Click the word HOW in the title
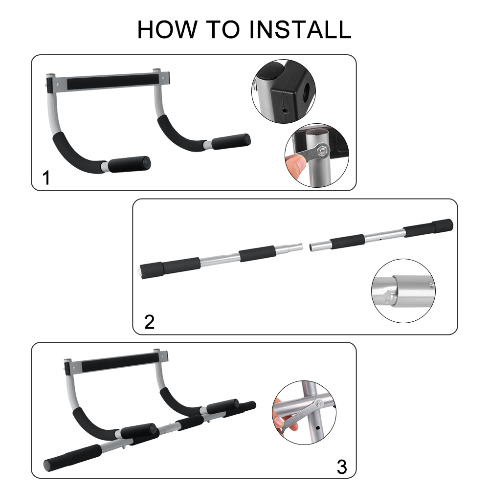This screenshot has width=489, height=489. (x=167, y=30)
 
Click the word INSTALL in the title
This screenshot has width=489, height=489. (x=300, y=30)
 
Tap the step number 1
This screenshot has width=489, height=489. (x=46, y=178)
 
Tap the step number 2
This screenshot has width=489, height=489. (x=149, y=322)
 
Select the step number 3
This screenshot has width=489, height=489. (x=342, y=467)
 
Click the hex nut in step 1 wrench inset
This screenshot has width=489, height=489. (x=322, y=151)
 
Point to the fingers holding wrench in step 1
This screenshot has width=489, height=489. (x=295, y=165)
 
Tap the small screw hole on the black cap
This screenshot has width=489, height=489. (x=285, y=111)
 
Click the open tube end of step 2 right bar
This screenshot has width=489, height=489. (x=311, y=248)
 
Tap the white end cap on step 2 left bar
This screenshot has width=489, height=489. (x=139, y=271)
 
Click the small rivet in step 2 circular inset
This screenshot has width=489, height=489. (x=431, y=285)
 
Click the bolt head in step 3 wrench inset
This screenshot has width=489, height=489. (x=318, y=404)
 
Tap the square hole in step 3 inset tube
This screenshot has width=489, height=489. (x=317, y=427)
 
